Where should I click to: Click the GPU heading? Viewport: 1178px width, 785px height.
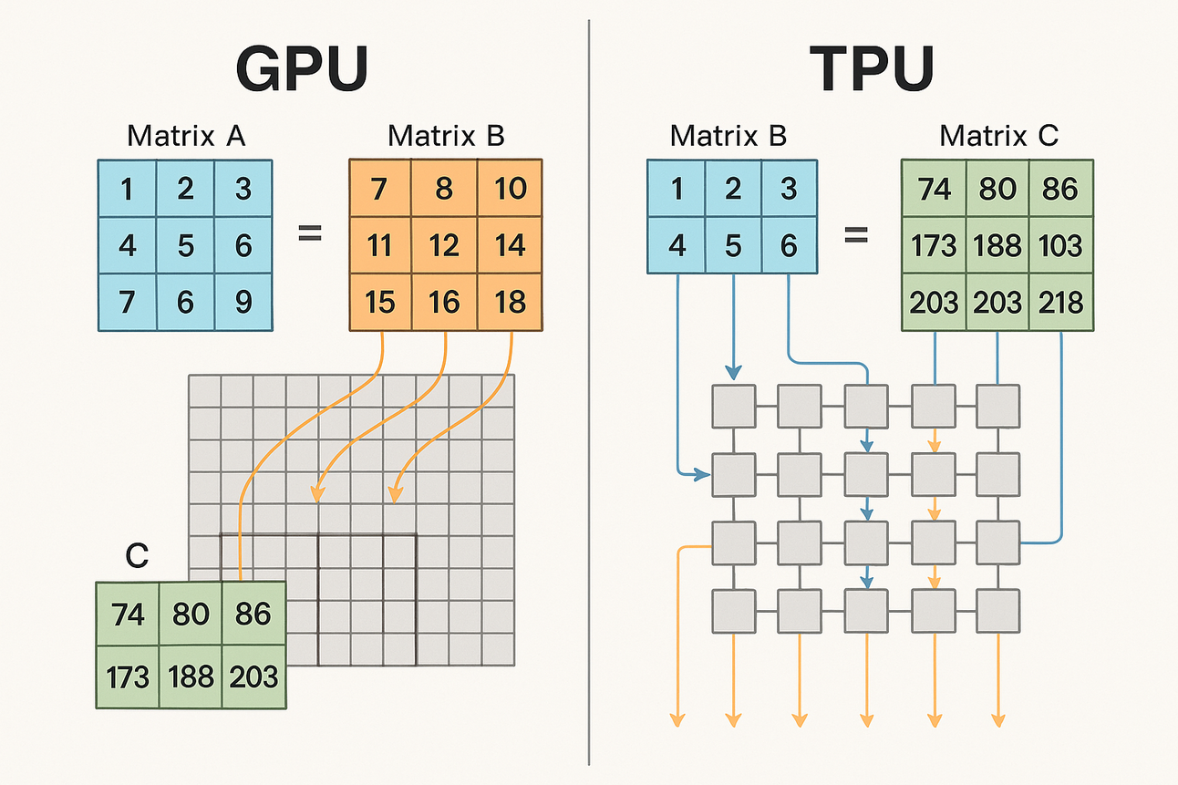302,68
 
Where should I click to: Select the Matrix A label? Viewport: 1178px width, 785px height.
185,136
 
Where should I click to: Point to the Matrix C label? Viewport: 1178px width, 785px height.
998,136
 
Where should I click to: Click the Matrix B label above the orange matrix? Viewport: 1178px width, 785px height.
446,136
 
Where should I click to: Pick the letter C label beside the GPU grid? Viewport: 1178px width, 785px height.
137,556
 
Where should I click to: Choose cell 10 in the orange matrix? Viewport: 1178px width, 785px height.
511,189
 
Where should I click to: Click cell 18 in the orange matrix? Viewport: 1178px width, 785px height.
511,301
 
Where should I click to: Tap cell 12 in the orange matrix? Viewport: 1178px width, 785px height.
444,245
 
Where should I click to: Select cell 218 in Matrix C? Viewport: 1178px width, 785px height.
1060,301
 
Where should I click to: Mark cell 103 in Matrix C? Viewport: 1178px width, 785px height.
1060,245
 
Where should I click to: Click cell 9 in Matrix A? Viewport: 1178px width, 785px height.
243,301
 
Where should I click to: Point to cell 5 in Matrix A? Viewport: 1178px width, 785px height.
185,245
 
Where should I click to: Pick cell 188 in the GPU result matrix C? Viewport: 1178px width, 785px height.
191,677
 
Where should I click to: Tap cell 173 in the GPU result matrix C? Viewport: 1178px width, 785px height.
128,677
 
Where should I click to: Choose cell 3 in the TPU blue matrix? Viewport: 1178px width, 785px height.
789,189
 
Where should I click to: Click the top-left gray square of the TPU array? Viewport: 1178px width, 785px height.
733,406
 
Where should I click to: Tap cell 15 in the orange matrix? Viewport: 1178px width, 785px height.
380,301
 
